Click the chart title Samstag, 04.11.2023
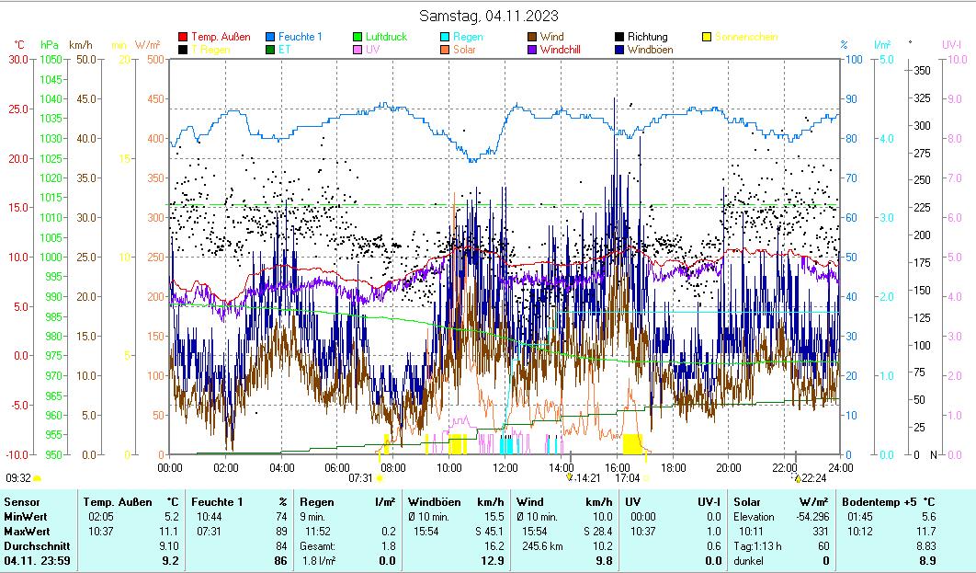click(488, 16)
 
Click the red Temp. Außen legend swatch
click(184, 37)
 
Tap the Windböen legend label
click(653, 50)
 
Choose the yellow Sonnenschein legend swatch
click(707, 37)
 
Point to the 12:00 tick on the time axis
click(505, 467)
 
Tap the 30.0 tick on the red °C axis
click(18, 59)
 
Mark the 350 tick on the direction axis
click(924, 70)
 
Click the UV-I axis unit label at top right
click(951, 44)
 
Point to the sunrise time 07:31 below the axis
click(360, 478)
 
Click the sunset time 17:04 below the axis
click(627, 478)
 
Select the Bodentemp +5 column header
click(890, 502)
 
